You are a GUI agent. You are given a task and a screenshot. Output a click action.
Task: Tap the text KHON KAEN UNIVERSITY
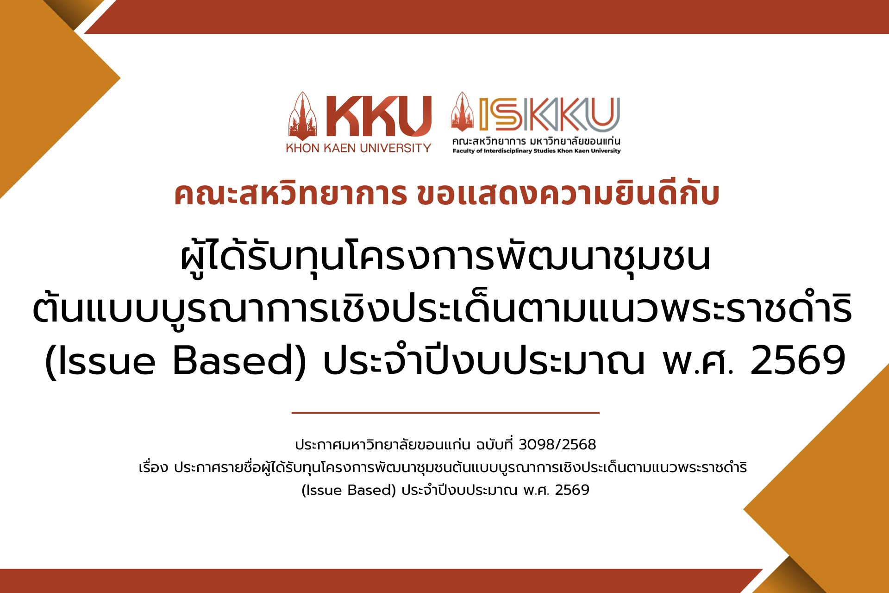click(x=358, y=148)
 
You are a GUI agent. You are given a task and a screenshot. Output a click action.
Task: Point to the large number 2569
click(x=798, y=360)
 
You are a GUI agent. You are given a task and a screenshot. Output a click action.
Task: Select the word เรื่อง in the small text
click(x=153, y=467)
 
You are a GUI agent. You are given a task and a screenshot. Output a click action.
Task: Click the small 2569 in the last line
click(x=572, y=490)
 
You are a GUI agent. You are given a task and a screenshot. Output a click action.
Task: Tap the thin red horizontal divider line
click(x=445, y=412)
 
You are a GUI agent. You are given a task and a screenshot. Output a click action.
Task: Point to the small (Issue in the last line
click(x=322, y=490)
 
